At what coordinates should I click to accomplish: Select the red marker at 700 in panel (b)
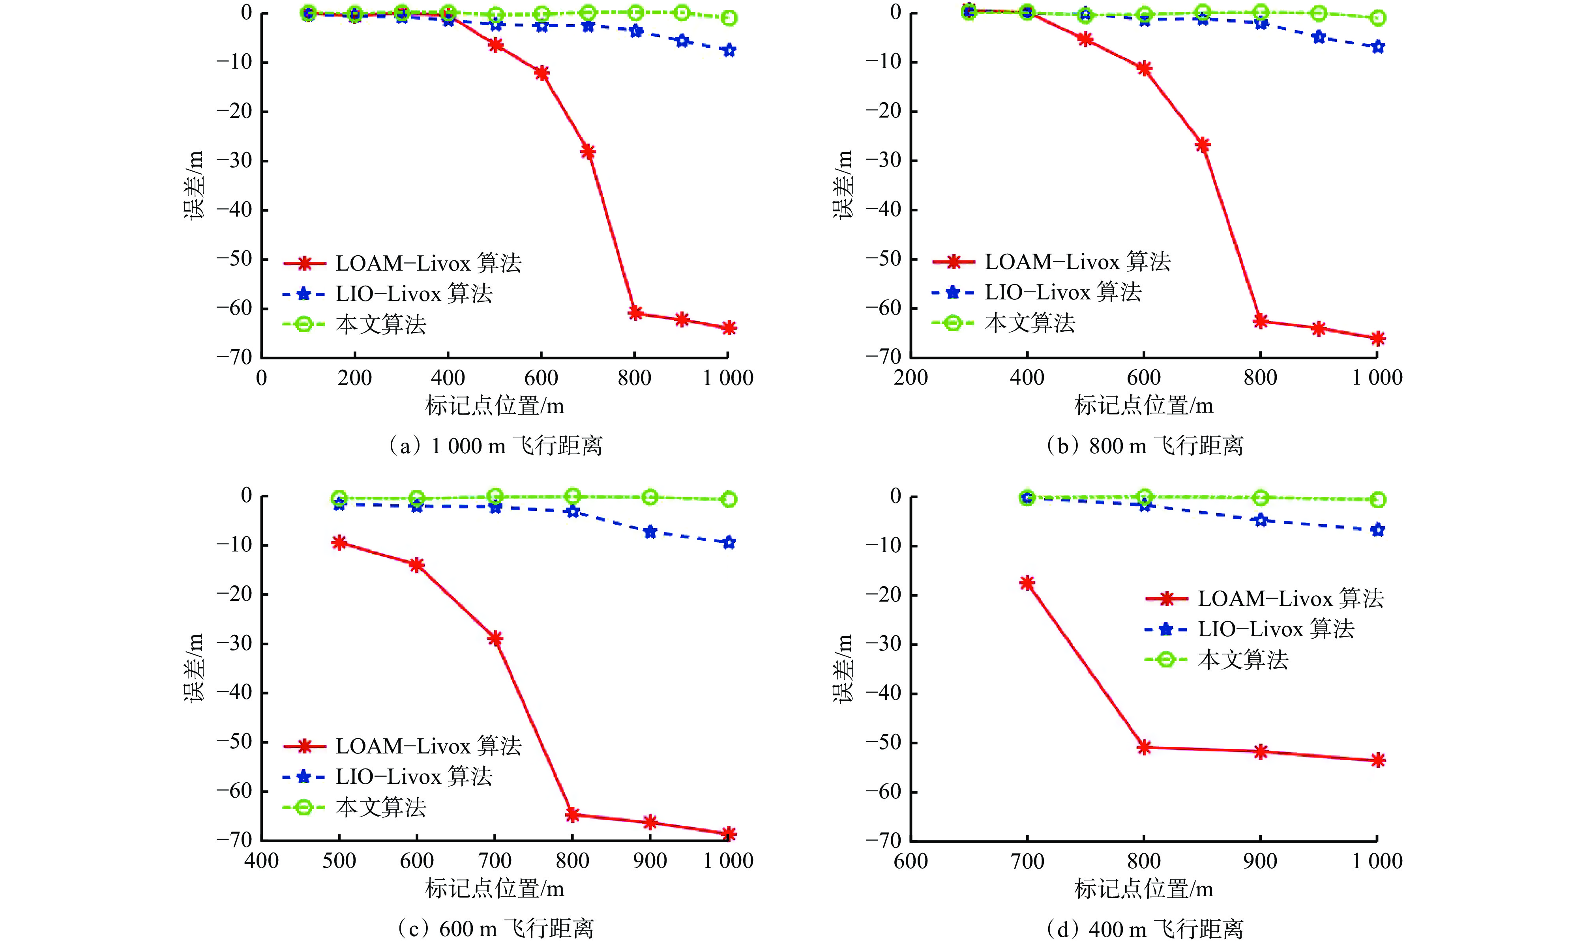coord(1202,145)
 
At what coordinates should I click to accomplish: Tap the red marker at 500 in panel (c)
coord(339,542)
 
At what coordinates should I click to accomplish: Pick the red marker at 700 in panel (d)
coord(1027,583)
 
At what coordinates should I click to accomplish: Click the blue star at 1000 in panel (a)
coord(729,50)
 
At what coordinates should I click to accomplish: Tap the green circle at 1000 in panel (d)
coord(1377,500)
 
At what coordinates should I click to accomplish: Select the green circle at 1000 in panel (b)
coord(1377,18)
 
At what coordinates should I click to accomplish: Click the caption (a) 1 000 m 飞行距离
coord(495,446)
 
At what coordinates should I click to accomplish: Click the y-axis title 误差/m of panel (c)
coord(195,667)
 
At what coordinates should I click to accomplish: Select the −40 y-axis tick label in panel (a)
coord(234,210)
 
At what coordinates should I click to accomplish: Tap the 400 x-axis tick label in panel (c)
coord(262,861)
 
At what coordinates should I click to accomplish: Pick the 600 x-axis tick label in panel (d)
coord(911,861)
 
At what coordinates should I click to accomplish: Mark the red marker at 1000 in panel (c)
coord(729,833)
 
